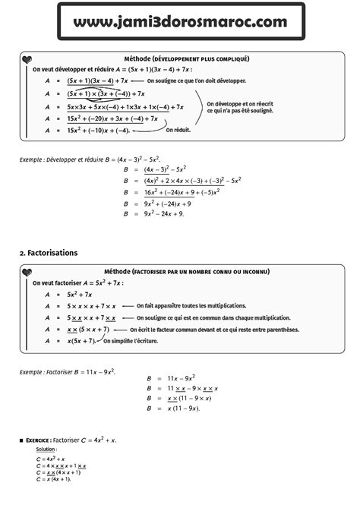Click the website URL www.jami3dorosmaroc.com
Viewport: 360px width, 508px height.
[x=181, y=22]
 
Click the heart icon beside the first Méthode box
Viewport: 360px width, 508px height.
[x=27, y=59]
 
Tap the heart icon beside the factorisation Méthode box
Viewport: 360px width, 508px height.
[x=27, y=272]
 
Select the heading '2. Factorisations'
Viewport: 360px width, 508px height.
[x=48, y=252]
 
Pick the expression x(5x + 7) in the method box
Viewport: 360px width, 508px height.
[x=81, y=342]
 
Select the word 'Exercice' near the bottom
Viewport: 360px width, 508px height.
[x=38, y=440]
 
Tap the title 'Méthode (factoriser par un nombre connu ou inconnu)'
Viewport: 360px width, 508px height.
[x=186, y=271]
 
